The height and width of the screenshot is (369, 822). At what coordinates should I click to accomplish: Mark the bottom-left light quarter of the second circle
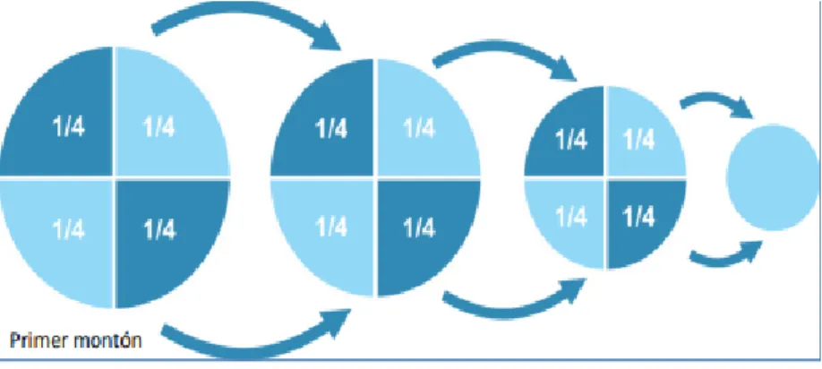[x=328, y=231]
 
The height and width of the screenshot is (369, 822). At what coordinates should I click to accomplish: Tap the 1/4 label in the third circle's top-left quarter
[x=571, y=140]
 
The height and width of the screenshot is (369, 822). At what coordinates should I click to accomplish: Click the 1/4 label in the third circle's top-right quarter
[x=638, y=140]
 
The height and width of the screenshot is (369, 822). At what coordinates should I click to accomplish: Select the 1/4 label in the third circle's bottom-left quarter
[x=571, y=216]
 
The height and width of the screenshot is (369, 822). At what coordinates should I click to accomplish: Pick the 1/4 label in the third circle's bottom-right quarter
[x=638, y=216]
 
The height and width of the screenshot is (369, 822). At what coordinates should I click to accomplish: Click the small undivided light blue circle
[x=772, y=177]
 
